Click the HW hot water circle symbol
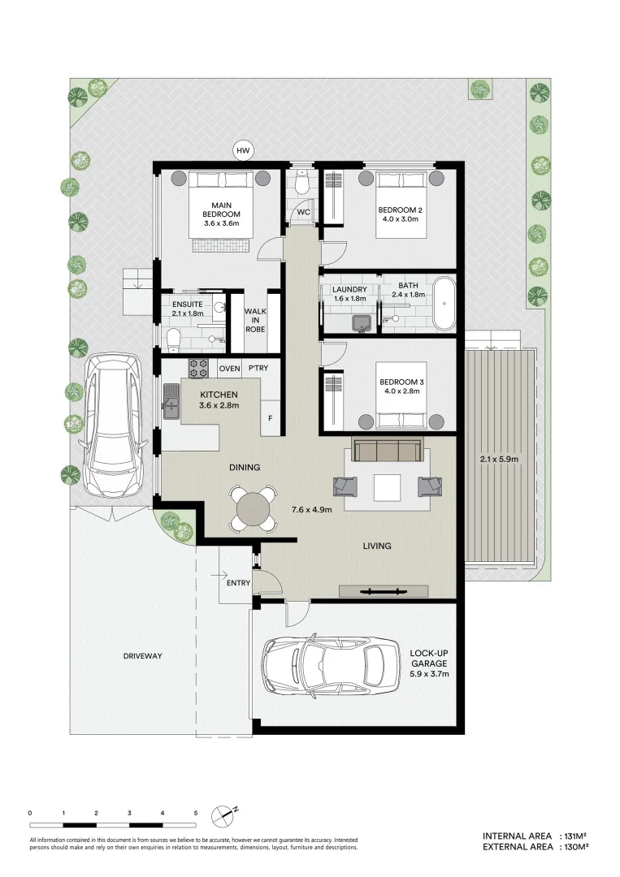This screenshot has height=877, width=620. point(242,150)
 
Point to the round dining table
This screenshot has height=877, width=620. point(252,509)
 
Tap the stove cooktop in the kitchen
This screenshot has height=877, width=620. point(199,368)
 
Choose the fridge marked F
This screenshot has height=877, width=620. point(271,418)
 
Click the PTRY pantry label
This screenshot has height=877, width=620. point(259,368)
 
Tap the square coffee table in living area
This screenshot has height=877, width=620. point(388,487)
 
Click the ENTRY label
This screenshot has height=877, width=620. point(237,581)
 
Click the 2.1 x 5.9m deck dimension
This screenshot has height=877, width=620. point(499,459)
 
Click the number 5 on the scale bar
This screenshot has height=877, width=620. point(196,812)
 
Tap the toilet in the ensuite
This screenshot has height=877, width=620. point(172,337)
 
